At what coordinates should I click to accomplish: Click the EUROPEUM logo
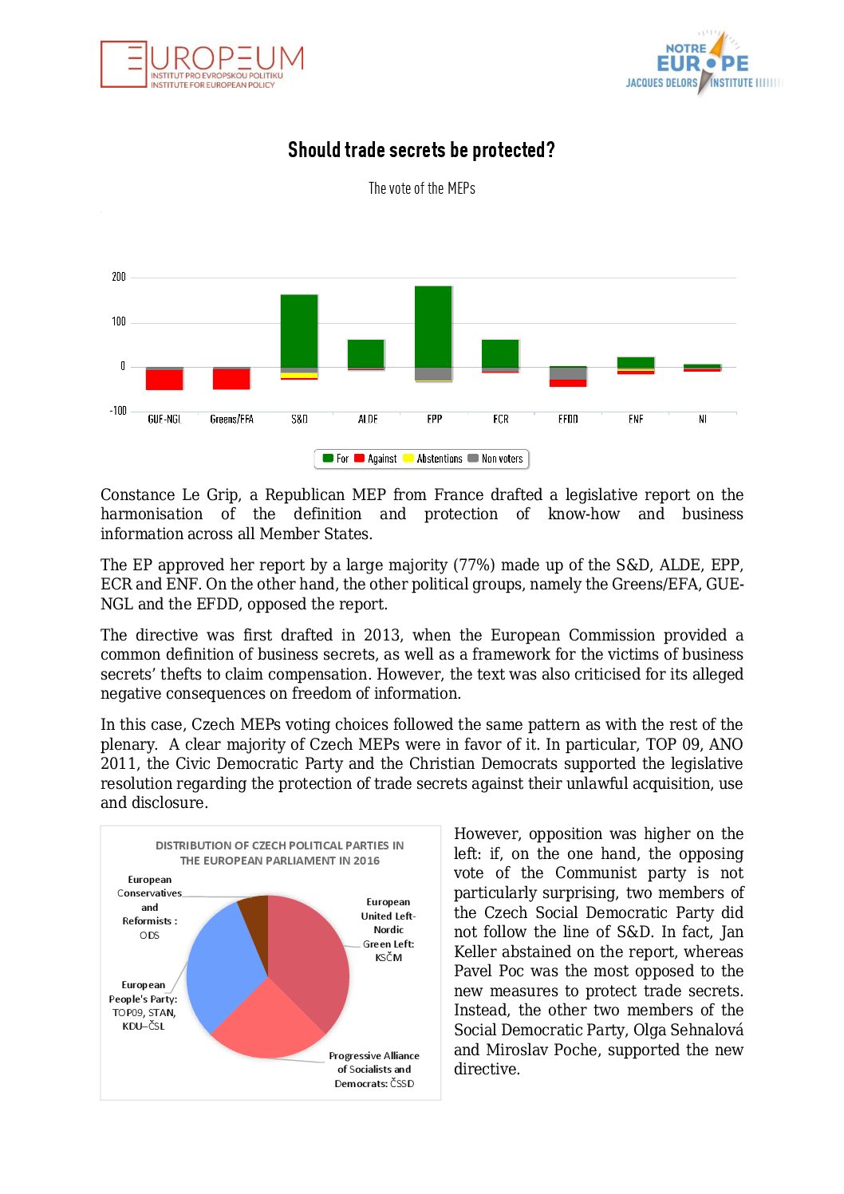click(202, 64)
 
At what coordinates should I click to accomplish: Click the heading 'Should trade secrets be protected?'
click(421, 150)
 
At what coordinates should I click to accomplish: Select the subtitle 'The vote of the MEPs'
click(421, 188)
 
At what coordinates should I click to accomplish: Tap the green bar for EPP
click(434, 326)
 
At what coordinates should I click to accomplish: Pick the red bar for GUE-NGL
click(164, 380)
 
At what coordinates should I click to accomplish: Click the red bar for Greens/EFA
click(231, 380)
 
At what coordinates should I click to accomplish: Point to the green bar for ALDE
click(366, 353)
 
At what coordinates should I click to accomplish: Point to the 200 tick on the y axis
click(119, 277)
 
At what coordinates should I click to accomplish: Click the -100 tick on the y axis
click(118, 411)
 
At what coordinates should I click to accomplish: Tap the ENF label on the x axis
click(636, 419)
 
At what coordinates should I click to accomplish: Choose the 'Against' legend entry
click(376, 459)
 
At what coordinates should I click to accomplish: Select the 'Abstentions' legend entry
click(433, 459)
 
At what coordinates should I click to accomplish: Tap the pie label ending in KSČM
click(388, 929)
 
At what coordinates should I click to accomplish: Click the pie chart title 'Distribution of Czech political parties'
click(279, 853)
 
